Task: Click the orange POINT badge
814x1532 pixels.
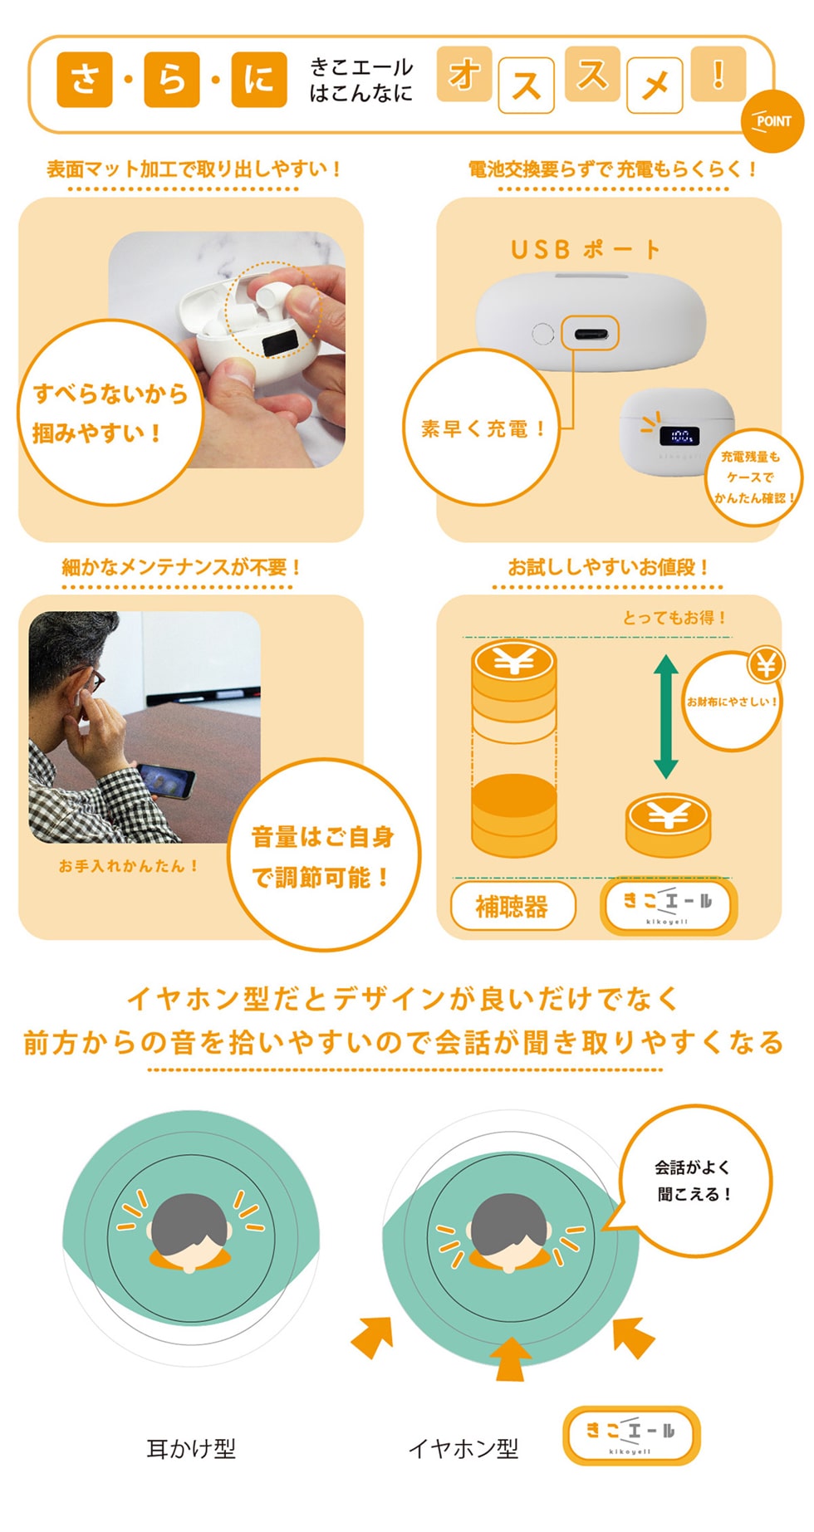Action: (x=772, y=120)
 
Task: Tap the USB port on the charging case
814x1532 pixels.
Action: (x=590, y=335)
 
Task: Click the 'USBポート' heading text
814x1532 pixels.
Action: (x=585, y=249)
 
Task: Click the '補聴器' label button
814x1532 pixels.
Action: (x=512, y=906)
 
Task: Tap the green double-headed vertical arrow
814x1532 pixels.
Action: (x=665, y=717)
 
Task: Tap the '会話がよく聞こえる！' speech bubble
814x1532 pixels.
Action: (x=694, y=1180)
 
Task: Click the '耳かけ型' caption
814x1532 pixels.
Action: (x=191, y=1449)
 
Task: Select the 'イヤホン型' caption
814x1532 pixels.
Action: (x=463, y=1449)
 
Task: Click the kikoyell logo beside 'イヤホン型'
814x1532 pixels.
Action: (x=631, y=1435)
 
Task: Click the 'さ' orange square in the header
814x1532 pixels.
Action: (x=85, y=80)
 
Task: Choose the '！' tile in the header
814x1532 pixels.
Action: (x=718, y=74)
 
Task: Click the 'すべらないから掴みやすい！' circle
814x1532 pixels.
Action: (x=110, y=413)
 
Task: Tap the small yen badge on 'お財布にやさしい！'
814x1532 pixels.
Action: (x=766, y=664)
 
